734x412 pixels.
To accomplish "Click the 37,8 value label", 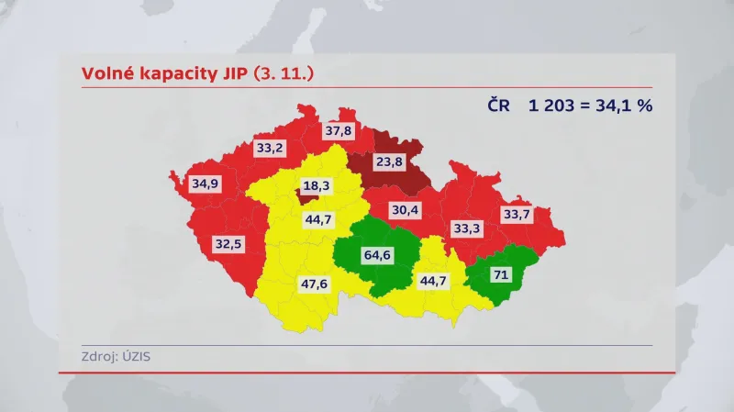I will [x=339, y=131].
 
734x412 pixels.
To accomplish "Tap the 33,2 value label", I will [x=270, y=147].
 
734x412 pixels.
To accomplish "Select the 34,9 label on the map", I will [x=206, y=184].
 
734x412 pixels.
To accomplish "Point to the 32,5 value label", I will [x=228, y=245].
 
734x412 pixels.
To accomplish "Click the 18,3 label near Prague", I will [x=316, y=185].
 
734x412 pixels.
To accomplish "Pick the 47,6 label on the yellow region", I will [x=314, y=284].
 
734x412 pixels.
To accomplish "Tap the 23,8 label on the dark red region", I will [x=389, y=161].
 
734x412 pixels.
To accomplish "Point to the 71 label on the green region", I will [x=502, y=273].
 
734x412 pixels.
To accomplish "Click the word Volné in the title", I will [x=106, y=72].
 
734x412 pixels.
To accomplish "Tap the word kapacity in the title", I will [x=172, y=72].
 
